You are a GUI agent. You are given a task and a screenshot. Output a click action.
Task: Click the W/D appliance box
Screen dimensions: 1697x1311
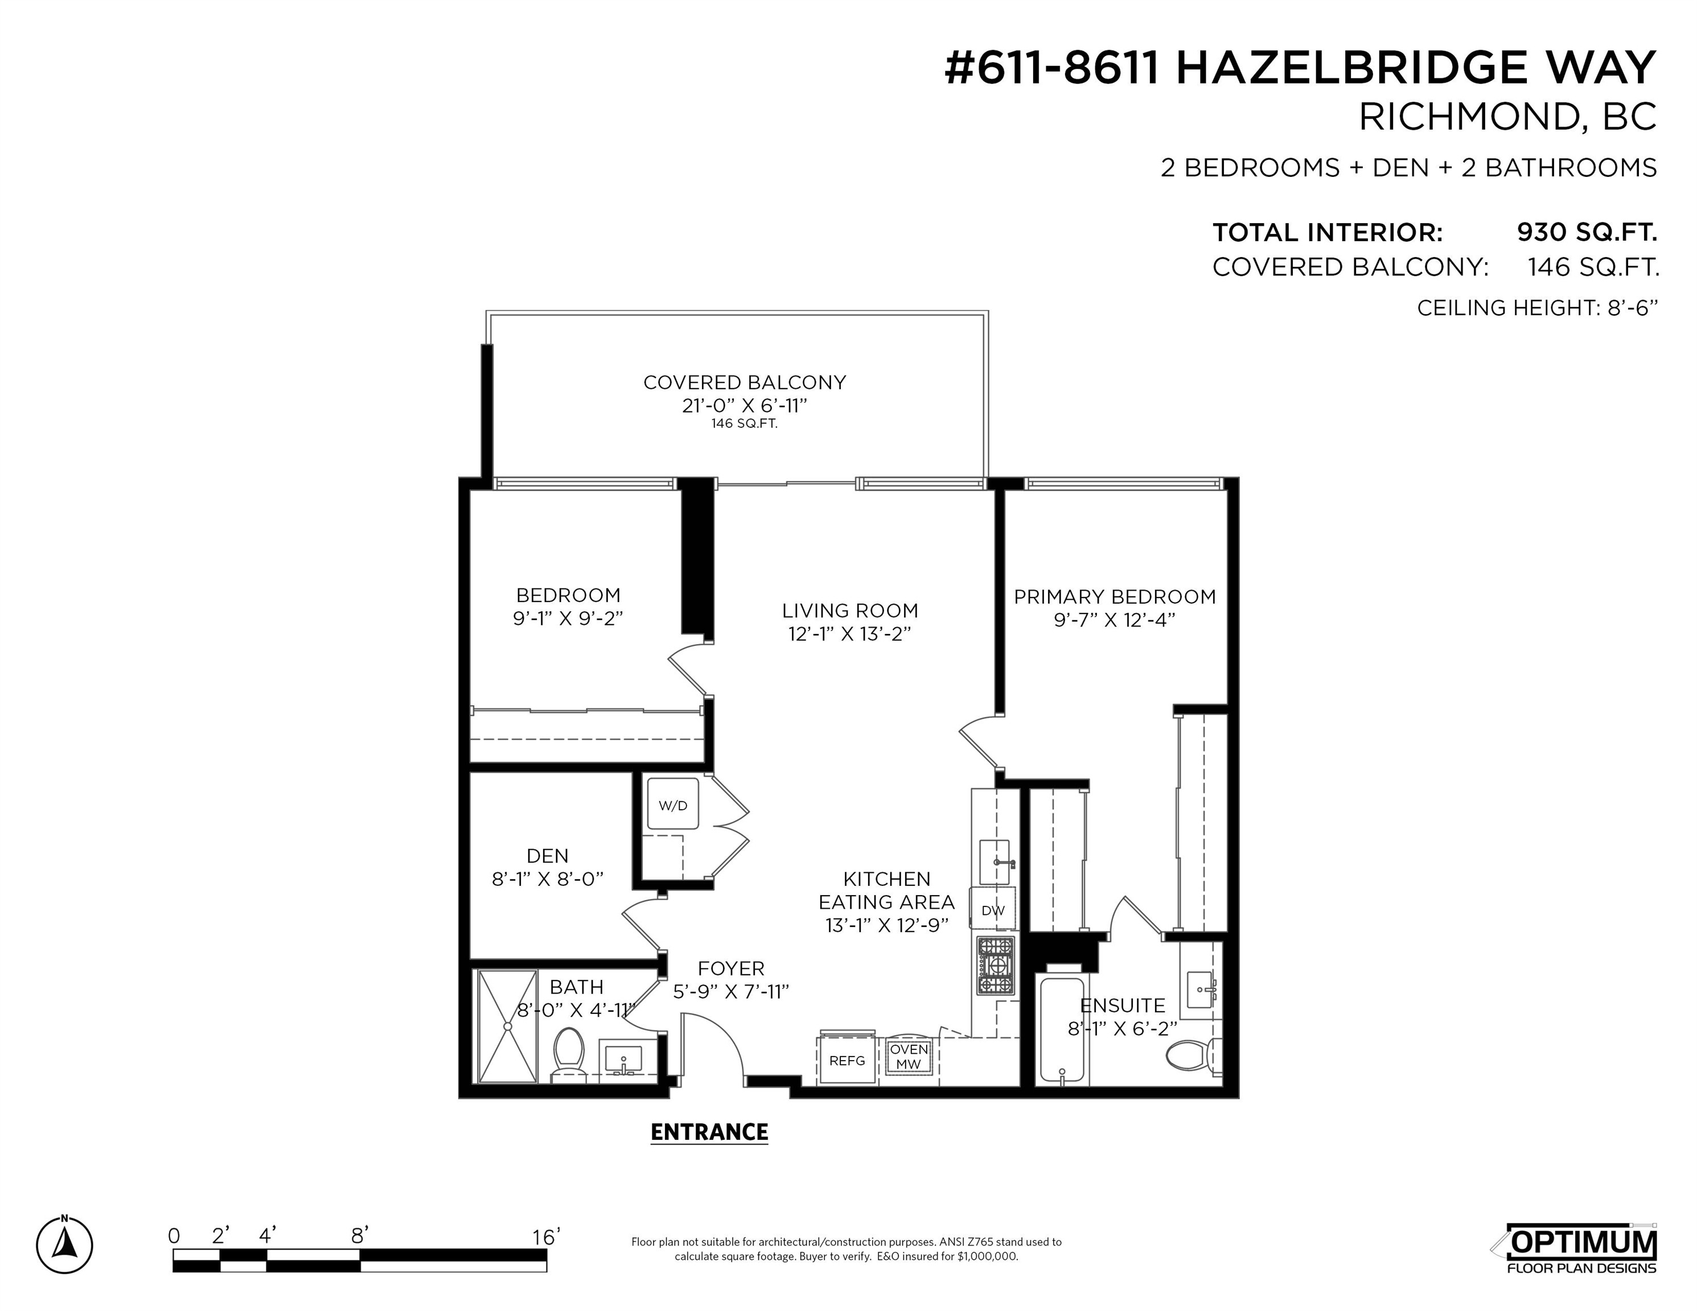673,805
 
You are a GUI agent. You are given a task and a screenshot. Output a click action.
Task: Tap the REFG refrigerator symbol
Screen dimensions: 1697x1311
847,1059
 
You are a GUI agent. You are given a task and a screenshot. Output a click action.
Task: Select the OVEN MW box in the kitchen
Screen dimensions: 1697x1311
909,1057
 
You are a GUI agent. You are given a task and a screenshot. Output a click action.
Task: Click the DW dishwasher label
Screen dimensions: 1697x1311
993,911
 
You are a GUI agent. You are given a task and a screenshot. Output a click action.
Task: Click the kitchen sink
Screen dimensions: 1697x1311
995,862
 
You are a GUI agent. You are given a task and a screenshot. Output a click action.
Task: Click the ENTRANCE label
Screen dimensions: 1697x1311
709,1132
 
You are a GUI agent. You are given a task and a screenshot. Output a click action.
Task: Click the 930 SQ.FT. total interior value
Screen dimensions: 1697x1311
1587,232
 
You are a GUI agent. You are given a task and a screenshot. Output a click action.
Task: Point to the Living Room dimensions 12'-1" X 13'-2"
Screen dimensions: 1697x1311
849,634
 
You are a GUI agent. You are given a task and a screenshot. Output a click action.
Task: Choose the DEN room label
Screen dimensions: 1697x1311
548,856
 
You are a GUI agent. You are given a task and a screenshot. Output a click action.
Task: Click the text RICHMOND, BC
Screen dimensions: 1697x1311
1507,117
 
